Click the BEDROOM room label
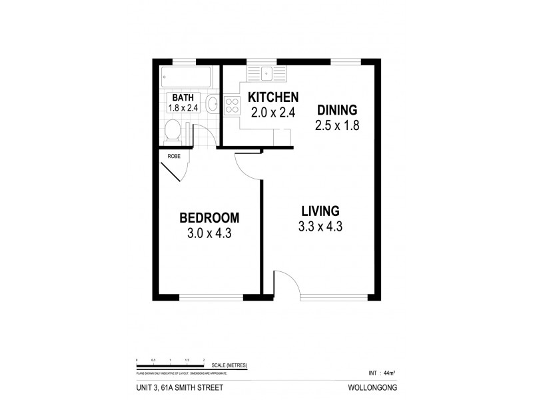(209, 218)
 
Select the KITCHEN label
(273, 97)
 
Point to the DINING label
(337, 110)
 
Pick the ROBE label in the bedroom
(174, 156)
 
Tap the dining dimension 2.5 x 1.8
(338, 125)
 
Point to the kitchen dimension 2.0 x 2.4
(273, 112)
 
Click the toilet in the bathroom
(173, 132)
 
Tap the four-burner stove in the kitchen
(233, 105)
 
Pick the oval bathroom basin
(212, 103)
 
